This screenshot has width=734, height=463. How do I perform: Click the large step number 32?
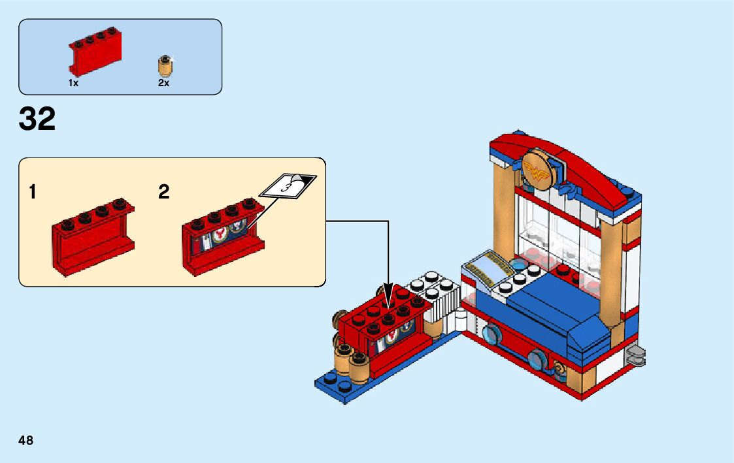[37, 119]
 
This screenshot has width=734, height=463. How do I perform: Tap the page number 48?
[26, 440]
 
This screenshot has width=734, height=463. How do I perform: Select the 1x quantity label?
[73, 83]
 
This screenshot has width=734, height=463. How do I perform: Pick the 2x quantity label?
[163, 83]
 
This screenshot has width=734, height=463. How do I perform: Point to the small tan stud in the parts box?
[165, 66]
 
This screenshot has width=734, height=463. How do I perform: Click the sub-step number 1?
[33, 192]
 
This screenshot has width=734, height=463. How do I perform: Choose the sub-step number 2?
[163, 192]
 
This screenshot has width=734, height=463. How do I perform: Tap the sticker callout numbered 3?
[286, 186]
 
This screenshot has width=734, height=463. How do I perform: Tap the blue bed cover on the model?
[556, 313]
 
